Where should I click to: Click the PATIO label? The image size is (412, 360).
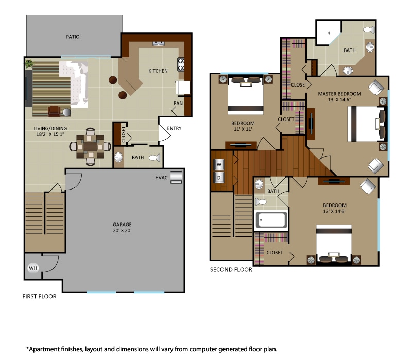[73, 37]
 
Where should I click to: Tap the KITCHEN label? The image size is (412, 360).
[158, 71]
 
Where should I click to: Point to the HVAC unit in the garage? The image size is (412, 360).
[176, 177]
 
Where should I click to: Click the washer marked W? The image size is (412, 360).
[219, 165]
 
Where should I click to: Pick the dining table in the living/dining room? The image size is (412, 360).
[91, 146]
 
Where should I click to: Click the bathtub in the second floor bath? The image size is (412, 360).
[271, 220]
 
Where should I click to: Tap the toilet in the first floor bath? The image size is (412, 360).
[153, 158]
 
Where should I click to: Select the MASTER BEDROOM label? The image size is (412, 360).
[339, 94]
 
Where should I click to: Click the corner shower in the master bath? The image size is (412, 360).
[326, 32]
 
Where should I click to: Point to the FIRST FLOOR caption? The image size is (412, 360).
[39, 297]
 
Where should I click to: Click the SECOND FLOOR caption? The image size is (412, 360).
[231, 269]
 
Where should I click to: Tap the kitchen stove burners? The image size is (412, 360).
[181, 64]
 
